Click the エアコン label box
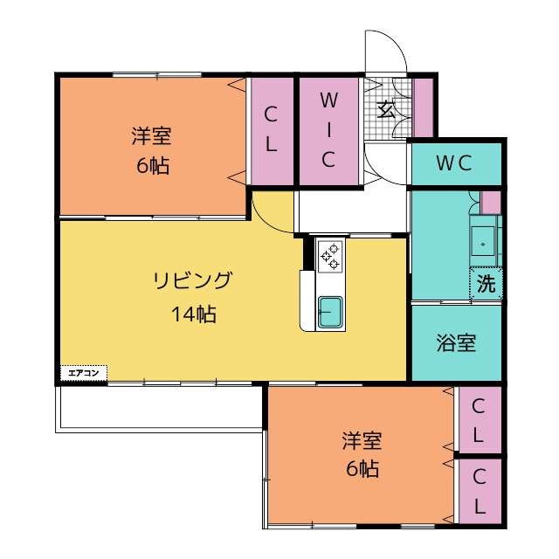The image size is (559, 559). (x=83, y=373)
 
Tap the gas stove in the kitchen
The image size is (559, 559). (x=331, y=254)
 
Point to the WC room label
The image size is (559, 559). (x=454, y=162)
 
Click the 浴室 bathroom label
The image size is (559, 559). (x=456, y=342)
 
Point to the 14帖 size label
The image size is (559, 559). (x=193, y=314)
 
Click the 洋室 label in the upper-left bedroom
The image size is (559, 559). (x=151, y=135)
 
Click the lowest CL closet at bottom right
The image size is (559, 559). (x=480, y=491)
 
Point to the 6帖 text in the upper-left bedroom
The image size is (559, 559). (x=152, y=166)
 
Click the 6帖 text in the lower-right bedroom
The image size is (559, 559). (x=362, y=469)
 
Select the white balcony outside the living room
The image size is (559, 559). (x=157, y=406)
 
